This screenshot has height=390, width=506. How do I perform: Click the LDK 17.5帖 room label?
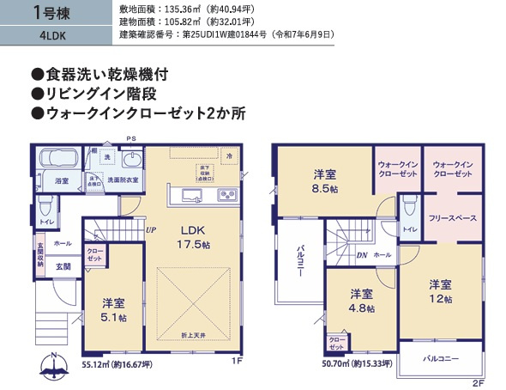point(194,237)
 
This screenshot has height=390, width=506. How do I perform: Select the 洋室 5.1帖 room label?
point(113,309)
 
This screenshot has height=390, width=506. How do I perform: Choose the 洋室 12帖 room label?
point(441,290)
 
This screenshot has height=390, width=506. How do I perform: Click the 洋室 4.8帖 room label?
point(361,300)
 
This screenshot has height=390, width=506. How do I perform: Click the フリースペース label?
point(452,219)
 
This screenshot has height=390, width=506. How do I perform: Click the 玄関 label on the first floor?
point(63,267)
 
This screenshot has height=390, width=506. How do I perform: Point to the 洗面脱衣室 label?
point(123,180)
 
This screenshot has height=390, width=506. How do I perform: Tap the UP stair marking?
point(151,230)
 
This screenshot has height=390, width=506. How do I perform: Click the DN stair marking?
point(363,254)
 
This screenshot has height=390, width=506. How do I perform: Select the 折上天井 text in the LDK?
point(193,334)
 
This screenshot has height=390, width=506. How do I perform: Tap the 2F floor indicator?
point(478,381)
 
